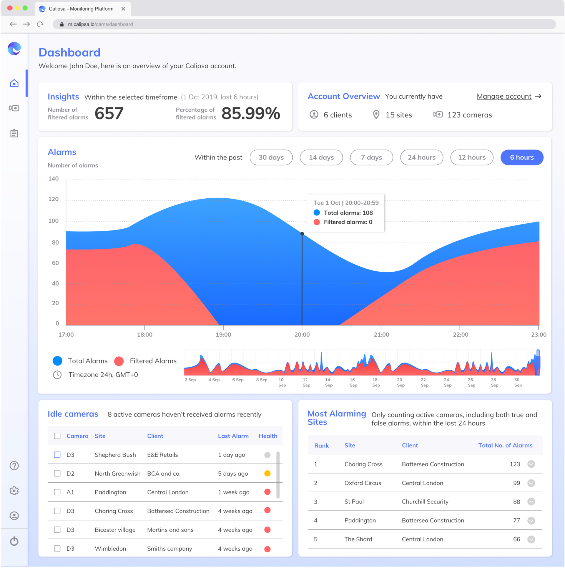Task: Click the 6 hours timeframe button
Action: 521,157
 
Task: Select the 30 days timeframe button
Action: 271,157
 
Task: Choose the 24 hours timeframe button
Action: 421,157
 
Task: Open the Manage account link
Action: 504,96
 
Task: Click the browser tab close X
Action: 123,9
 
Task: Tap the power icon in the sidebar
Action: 14,541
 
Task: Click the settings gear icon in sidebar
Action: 14,491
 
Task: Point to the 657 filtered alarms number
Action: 109,113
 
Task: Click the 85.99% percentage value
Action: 251,113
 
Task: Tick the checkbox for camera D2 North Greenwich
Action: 57,473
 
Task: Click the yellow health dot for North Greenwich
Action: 267,473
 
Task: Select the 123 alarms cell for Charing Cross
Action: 515,464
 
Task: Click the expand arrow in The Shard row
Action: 531,539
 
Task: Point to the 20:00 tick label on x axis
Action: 302,335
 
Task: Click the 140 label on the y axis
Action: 54,179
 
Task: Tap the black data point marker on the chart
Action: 302,234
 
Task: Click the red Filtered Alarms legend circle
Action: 119,361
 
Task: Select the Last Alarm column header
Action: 233,436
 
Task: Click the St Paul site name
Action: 354,501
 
